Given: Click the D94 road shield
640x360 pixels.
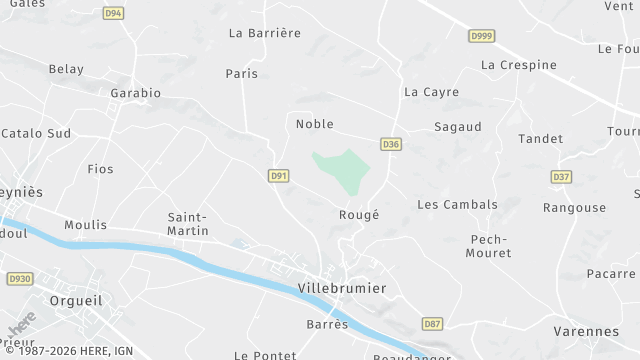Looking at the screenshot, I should pyautogui.click(x=113, y=13).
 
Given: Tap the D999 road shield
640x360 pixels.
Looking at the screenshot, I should pyautogui.click(x=482, y=36).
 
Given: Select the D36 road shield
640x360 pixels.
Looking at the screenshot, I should pyautogui.click(x=391, y=145).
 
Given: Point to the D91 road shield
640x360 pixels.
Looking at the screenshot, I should pyautogui.click(x=279, y=176).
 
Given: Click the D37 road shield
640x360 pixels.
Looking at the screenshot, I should pyautogui.click(x=562, y=177).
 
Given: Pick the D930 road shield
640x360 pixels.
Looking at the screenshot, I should pyautogui.click(x=19, y=278).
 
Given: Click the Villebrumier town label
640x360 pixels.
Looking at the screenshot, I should pyautogui.click(x=342, y=288).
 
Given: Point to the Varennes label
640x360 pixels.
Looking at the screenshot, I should pyautogui.click(x=586, y=331).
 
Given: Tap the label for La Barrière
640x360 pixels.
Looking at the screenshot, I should pyautogui.click(x=264, y=33).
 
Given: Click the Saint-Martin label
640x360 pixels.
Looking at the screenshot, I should pyautogui.click(x=188, y=224).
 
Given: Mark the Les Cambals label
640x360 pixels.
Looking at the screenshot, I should pyautogui.click(x=457, y=205).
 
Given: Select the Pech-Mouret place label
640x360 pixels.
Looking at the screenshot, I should pyautogui.click(x=489, y=246).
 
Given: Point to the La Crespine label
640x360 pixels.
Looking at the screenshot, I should pyautogui.click(x=518, y=65).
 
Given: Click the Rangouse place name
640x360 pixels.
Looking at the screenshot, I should pyautogui.click(x=574, y=208).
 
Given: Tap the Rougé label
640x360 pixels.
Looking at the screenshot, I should pyautogui.click(x=359, y=215).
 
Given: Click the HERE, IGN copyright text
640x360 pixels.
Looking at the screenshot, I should pyautogui.click(x=67, y=351).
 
